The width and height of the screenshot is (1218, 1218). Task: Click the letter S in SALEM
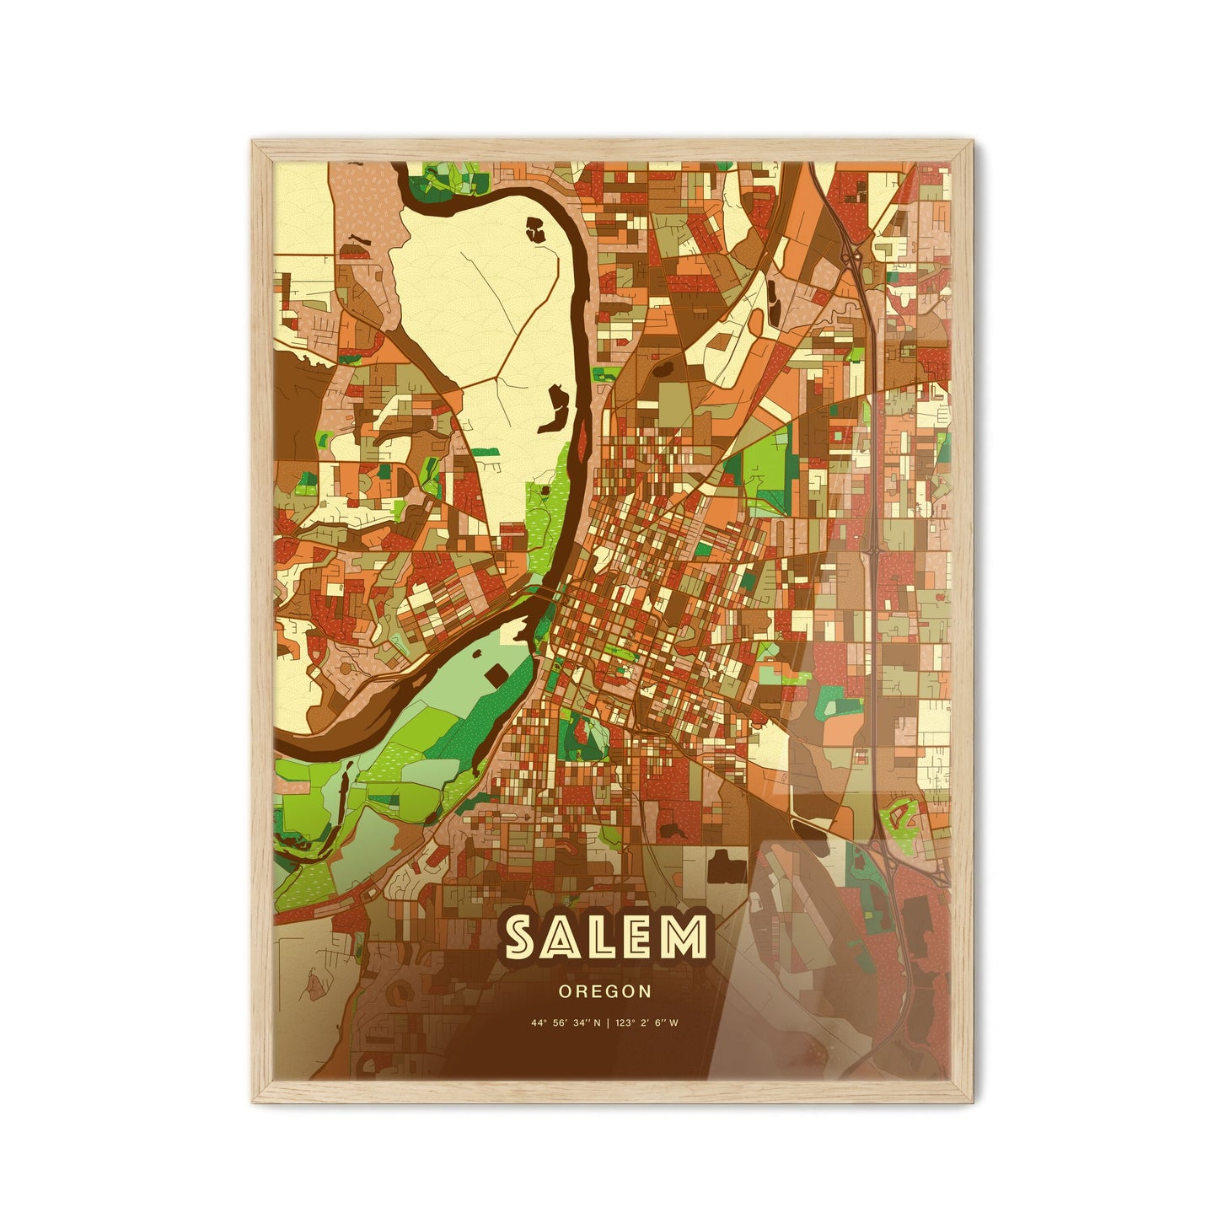[x=523, y=937]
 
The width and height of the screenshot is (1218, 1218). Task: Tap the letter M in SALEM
[x=683, y=937]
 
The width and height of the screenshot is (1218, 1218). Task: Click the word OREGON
[x=604, y=991]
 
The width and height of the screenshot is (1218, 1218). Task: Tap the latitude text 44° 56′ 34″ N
[x=566, y=1023]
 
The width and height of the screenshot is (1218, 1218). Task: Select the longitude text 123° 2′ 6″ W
[x=647, y=1023]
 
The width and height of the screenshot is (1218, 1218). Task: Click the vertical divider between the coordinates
[x=607, y=1023]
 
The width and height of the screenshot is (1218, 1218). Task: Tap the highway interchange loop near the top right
[x=853, y=255]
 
